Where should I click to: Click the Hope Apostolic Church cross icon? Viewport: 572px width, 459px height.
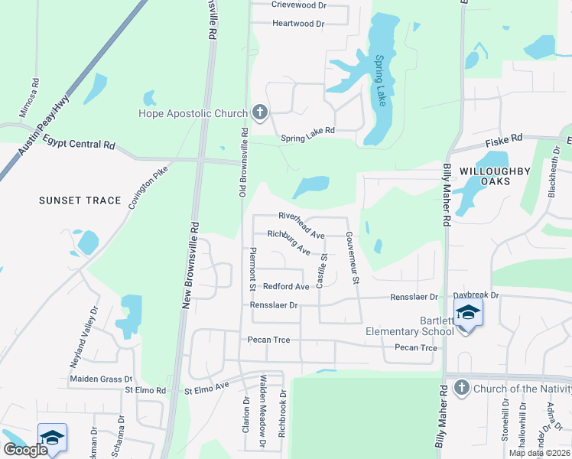259,114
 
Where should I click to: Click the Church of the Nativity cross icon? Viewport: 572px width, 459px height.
461,389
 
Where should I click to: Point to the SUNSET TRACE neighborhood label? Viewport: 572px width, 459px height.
80,200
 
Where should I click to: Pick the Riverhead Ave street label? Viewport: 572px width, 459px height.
301,217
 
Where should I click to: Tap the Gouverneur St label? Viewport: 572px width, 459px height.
351,257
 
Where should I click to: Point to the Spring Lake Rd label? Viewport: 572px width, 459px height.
307,131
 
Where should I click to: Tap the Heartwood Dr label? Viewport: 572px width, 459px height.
298,24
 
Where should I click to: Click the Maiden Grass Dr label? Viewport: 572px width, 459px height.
101,379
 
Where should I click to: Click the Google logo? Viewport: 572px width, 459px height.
24,450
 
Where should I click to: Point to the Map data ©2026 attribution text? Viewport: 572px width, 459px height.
539,453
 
